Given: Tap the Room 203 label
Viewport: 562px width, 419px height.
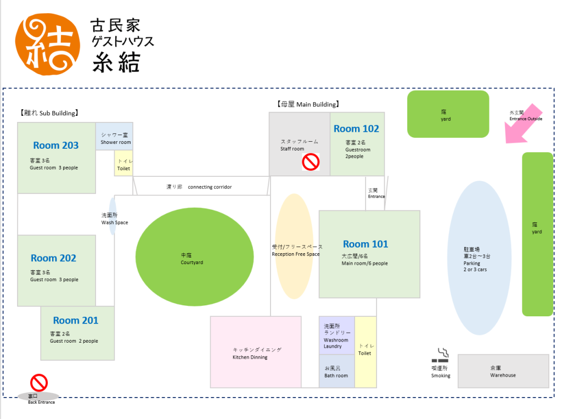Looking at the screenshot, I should coord(55,146).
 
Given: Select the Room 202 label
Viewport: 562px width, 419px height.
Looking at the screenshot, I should coord(53,258).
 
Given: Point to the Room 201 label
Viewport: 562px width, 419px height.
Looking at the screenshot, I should coord(76,321).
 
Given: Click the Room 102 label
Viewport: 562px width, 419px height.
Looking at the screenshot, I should coord(356,129).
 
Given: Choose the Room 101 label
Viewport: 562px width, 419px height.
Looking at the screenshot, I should coord(365,244).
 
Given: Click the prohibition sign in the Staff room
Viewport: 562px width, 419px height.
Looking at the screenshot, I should coord(311,162).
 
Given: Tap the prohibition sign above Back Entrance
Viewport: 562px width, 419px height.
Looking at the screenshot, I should coord(38,383).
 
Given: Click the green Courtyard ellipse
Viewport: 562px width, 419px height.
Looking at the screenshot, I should coord(194,256).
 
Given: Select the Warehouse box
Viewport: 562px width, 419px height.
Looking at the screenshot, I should coord(503,371).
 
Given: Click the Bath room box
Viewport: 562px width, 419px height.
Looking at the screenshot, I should coord(336,372).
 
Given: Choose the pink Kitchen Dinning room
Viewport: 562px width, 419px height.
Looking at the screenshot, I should coord(256,352).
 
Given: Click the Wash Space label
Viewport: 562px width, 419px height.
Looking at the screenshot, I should coord(115,219).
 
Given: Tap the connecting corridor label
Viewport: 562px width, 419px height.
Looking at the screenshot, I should coord(199,187).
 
